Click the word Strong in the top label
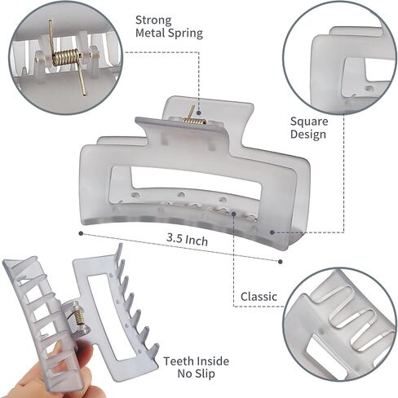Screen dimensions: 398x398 pos(153,20)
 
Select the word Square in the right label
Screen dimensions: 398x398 pos(309,122)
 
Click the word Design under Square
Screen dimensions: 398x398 pos(308,135)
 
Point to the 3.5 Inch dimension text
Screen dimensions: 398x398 pos(188,240)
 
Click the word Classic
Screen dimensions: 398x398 pos(259,296)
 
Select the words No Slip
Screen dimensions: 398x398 pos(196,374)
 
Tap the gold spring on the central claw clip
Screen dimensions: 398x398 pos(194,120)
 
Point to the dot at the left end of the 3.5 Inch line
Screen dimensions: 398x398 pos(81,233)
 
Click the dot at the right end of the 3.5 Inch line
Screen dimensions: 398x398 pos(281,262)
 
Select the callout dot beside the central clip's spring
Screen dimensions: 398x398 pos(199,113)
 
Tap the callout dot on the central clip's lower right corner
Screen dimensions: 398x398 pos(272,232)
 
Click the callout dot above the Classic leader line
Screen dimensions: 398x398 pos(234,214)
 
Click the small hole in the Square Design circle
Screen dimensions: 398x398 pos(369,88)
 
